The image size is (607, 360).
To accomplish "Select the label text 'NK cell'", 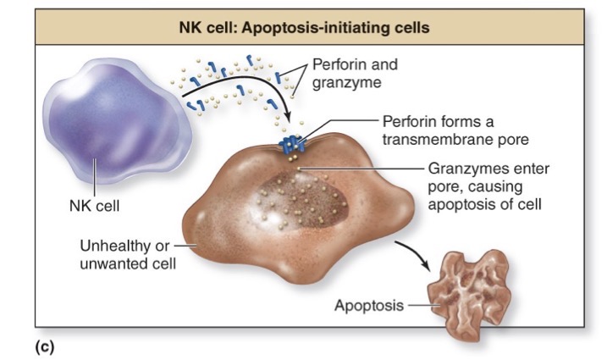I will click(91, 206).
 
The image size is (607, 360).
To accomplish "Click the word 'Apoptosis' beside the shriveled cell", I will click(368, 305).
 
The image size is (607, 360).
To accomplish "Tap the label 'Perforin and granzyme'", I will click(355, 74).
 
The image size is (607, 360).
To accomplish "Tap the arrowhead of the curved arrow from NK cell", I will click(288, 119).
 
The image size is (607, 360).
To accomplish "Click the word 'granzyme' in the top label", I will click(346, 83).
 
